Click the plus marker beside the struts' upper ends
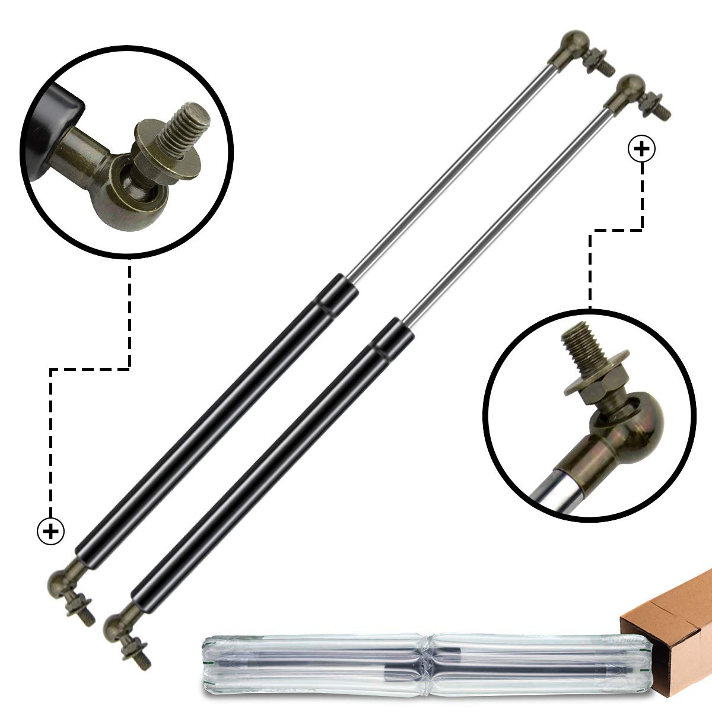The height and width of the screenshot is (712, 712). click(x=642, y=150)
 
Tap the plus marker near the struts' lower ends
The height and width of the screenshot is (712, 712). click(x=51, y=530)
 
